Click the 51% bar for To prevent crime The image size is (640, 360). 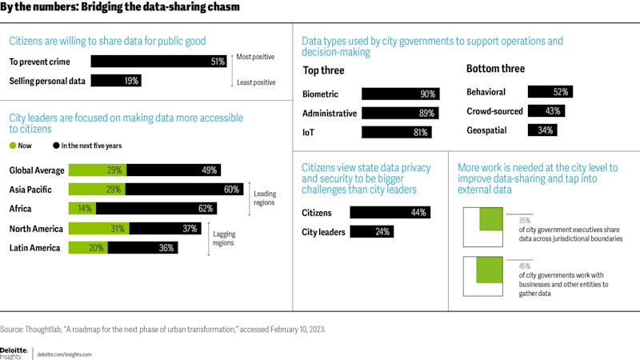click(159, 62)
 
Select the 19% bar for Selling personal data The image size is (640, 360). click(117, 81)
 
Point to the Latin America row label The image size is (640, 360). click(34, 248)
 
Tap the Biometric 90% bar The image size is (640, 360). click(395, 94)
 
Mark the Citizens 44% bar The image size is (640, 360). click(390, 213)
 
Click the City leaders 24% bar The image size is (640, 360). click(372, 233)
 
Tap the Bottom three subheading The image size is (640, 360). click(495, 69)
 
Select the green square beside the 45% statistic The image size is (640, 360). click(488, 270)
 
